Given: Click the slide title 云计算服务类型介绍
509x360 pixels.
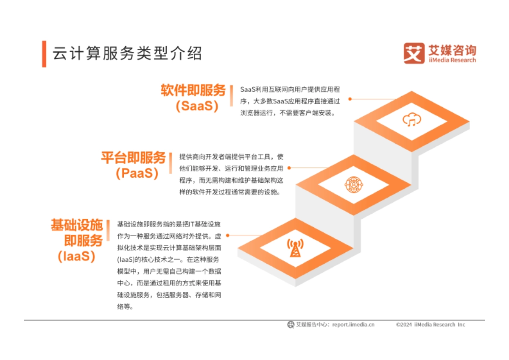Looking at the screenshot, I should (126, 54).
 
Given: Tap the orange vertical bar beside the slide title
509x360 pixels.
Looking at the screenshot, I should (44, 54).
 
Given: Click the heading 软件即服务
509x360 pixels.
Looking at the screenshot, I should (193, 90).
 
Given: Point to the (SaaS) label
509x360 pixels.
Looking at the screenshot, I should (197, 106).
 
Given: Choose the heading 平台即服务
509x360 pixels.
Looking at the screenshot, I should (133, 158).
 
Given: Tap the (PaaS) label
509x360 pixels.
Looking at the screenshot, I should (137, 173).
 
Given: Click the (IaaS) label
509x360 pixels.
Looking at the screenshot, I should (76, 257).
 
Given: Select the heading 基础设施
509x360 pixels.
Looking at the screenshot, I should (77, 225).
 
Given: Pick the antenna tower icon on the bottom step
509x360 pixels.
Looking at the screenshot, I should (294, 248).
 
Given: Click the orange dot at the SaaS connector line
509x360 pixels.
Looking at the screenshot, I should (350, 99).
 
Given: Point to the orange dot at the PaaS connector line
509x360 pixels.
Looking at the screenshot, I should (289, 167).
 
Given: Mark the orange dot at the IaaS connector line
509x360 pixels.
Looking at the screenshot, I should (228, 235).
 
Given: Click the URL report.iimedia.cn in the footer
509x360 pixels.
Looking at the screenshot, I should (353, 324).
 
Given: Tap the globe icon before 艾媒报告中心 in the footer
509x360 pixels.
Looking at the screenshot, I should (291, 324).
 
